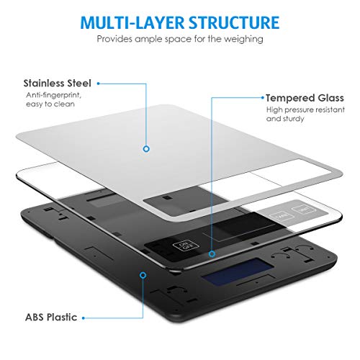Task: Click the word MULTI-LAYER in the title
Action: point(132,23)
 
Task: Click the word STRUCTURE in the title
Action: point(234,23)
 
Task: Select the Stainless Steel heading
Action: point(57,84)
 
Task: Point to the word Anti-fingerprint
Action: point(54,96)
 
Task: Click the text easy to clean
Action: point(50,104)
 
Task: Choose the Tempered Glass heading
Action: point(305,98)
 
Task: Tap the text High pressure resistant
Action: point(305,110)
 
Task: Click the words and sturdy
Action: point(285,119)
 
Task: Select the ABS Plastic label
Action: point(51,318)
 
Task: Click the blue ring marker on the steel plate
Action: point(146,149)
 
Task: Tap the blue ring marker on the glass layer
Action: point(212,253)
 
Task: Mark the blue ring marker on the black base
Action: point(143,275)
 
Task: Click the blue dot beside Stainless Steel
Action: point(98,84)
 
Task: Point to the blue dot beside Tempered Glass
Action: point(262,98)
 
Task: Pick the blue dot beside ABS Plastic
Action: point(84,318)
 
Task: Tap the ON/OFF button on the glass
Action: point(186,246)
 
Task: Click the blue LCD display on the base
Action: point(238,271)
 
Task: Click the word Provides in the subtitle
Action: point(114,39)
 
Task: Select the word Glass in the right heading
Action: point(330,98)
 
